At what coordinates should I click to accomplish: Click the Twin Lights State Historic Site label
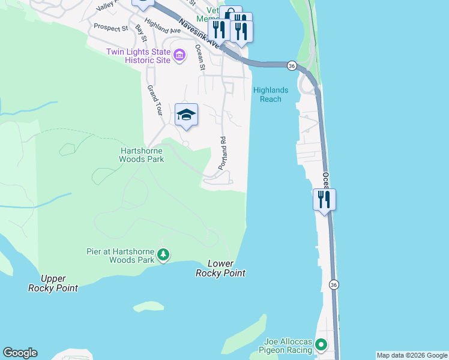coord(139,56)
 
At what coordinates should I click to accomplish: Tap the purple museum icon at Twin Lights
coord(179,56)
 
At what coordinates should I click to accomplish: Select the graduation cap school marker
coord(186,115)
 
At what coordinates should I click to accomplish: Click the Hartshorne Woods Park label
coord(141,155)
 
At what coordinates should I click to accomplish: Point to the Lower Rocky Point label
coord(220,268)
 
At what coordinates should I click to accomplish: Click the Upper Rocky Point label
coord(53,283)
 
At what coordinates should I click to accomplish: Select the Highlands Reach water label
coord(271,95)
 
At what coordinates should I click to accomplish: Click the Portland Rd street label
coord(221,154)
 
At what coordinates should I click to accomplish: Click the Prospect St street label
coord(110,28)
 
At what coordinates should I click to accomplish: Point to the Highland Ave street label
coord(163,26)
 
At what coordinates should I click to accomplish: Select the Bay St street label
coord(140,34)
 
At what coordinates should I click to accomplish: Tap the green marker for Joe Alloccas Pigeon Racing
coord(321,346)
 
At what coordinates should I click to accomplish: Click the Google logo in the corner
coord(20,353)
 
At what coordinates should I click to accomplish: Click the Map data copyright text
coord(412,355)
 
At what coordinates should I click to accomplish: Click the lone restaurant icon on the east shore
coord(324,199)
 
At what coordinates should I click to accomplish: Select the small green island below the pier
coord(148,307)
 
